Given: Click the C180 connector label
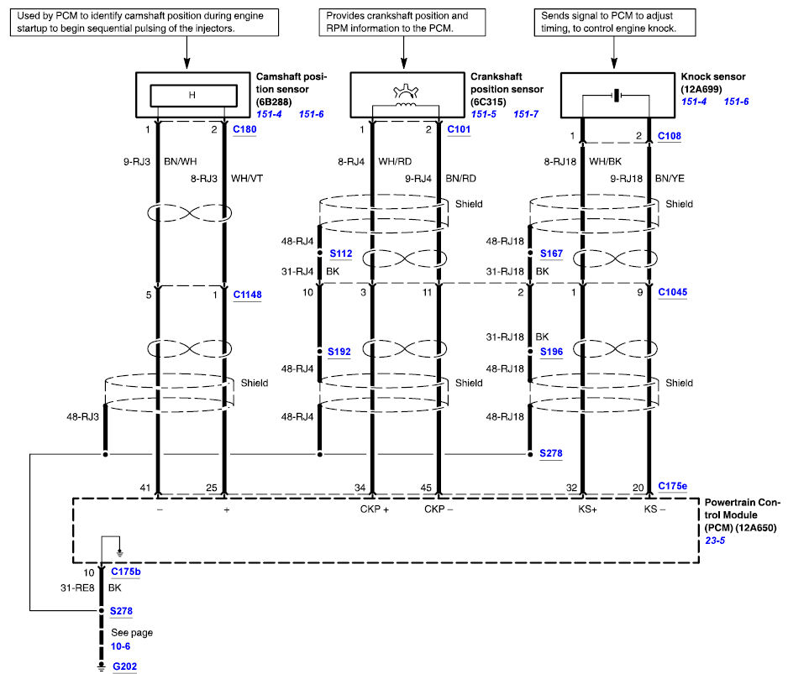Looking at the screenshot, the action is point(244,129).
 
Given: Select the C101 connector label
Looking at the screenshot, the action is point(459,129).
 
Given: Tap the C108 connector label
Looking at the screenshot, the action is point(670,136).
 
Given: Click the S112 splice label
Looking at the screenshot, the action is point(341,253).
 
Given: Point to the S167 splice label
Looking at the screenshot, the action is point(551,253).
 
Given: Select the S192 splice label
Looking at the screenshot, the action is point(339,352).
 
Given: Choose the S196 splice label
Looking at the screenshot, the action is point(551,352).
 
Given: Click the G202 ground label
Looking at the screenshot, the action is point(124,666).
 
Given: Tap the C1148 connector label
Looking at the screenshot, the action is point(247,295).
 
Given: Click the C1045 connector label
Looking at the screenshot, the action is point(672,292).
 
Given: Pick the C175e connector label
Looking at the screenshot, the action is point(672,486).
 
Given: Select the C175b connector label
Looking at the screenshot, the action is point(126,572).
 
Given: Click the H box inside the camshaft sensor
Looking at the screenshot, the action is point(193,96).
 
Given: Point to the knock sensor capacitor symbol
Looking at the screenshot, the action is point(617,95).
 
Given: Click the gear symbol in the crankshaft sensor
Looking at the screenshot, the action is point(406,91).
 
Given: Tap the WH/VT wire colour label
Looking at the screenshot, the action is point(247,178).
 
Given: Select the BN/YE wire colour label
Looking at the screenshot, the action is point(670,178).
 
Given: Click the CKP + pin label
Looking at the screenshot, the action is point(375,509).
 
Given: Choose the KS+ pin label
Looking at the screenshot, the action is point(587,509).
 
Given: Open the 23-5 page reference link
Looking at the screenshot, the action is point(715,541).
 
